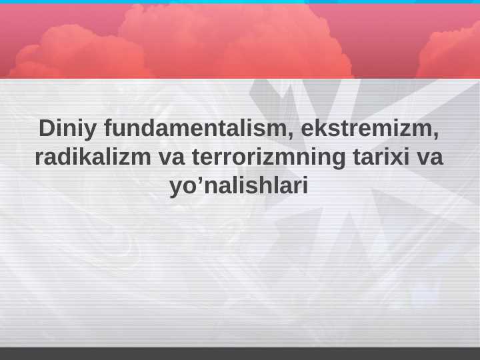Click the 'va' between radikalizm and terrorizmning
(172, 157)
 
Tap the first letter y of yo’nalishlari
(176, 189)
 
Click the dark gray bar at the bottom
(240, 353)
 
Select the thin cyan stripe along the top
(240, 2)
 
